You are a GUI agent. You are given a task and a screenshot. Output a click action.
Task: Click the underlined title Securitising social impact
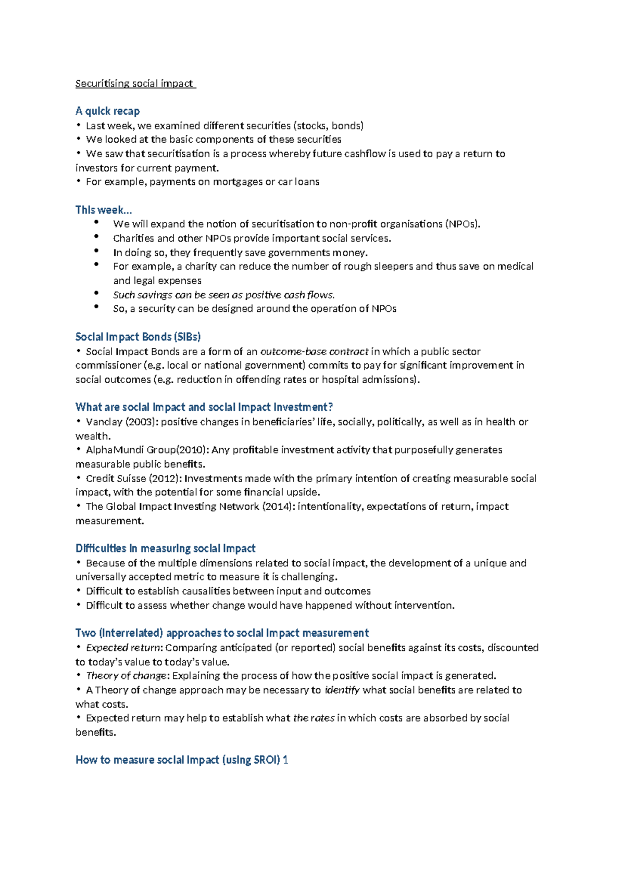pos(134,83)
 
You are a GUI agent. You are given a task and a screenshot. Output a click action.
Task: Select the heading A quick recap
pos(108,111)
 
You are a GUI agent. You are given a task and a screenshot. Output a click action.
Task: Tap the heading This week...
pos(104,210)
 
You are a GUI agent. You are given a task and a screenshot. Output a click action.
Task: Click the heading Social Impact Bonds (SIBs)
pos(138,337)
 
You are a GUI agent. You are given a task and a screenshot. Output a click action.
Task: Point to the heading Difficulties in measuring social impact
pos(165,548)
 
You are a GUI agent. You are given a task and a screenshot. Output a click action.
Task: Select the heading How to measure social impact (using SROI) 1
pos(182,760)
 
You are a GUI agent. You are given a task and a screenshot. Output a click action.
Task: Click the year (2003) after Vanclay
pos(141,422)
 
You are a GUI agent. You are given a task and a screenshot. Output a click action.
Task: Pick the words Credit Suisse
pos(116,478)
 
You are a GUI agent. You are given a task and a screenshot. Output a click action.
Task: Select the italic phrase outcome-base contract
pos(314,351)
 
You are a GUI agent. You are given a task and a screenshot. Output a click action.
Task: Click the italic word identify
pos(342,690)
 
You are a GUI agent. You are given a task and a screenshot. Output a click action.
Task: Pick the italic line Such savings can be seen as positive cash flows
pos(224,295)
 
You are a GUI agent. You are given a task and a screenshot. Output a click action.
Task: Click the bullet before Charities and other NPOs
pos(97,236)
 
